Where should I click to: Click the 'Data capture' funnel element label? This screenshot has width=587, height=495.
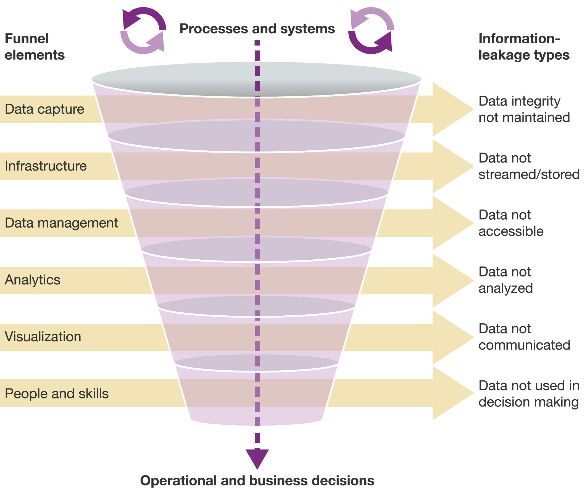tap(44, 109)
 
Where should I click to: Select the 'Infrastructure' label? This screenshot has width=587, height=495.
tap(46, 166)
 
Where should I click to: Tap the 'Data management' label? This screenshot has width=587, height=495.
tap(61, 223)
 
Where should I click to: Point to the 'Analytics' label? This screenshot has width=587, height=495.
tap(33, 280)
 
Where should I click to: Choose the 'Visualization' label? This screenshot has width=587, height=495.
tap(43, 337)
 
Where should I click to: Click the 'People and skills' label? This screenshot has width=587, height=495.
tap(57, 393)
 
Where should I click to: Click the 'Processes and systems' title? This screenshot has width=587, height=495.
tap(257, 29)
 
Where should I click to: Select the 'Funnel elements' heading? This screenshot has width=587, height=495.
tap(35, 47)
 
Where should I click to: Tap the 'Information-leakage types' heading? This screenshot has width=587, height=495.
tap(524, 47)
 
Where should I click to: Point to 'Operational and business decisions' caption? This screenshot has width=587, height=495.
tap(257, 480)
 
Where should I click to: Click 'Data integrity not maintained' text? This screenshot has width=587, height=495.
tap(524, 109)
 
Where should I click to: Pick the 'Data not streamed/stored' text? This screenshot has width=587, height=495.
tap(529, 166)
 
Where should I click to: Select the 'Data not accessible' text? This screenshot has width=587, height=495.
tap(511, 223)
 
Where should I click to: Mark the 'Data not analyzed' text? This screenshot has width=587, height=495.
tap(506, 280)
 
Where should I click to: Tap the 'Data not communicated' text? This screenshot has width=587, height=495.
tap(524, 337)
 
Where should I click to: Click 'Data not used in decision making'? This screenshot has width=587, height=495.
tap(529, 394)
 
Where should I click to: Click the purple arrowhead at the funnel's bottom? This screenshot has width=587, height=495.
tap(257, 457)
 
